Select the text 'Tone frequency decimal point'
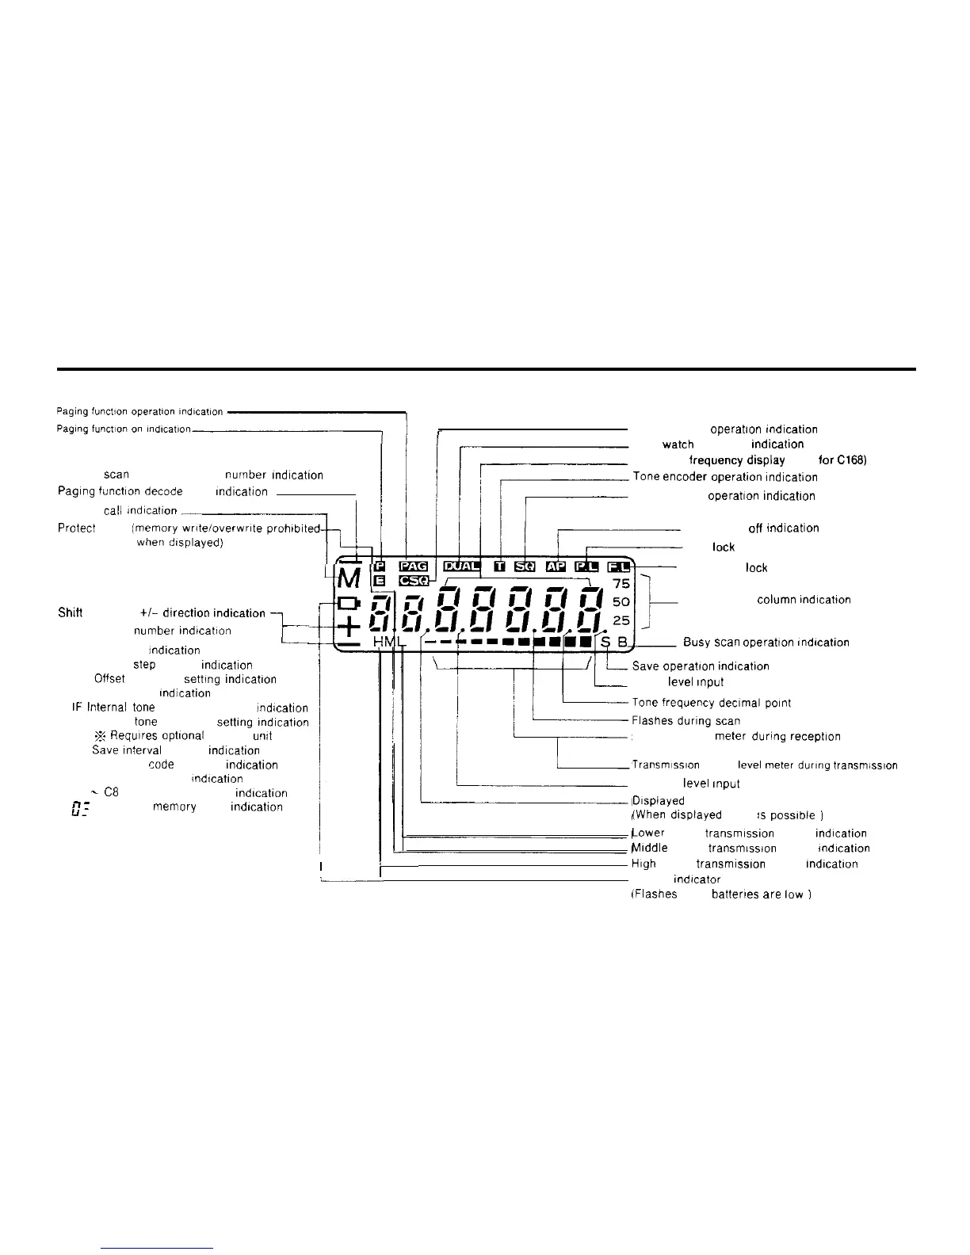pos(711,703)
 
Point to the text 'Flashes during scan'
pos(685,721)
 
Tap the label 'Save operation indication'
pos(701,666)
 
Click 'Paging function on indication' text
pos(124,429)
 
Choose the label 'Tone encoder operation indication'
pos(724,477)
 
